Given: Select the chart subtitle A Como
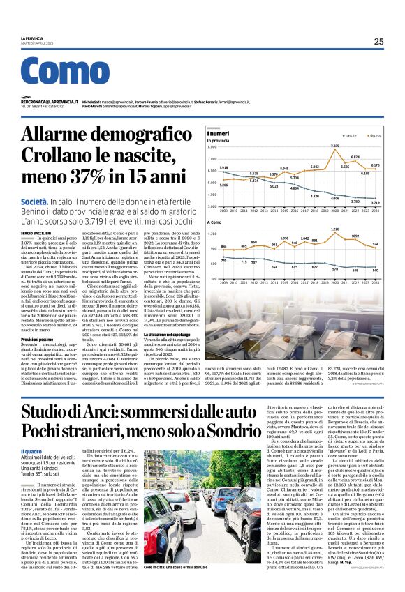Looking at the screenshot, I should pos(214,222).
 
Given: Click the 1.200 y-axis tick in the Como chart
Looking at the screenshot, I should pos(212,234).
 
